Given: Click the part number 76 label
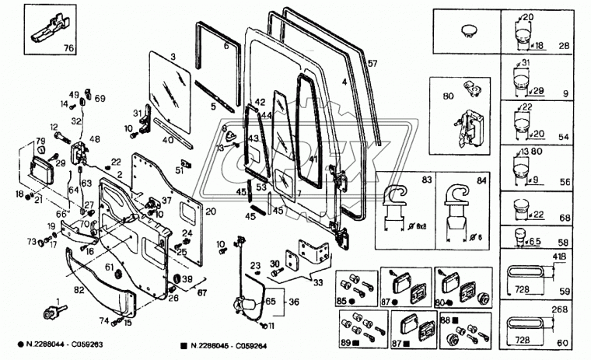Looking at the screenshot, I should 69,48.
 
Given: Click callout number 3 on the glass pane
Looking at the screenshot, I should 173,57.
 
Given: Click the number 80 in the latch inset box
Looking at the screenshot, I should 447,97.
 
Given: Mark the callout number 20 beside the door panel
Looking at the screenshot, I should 211,211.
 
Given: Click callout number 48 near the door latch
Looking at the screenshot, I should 95,139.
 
